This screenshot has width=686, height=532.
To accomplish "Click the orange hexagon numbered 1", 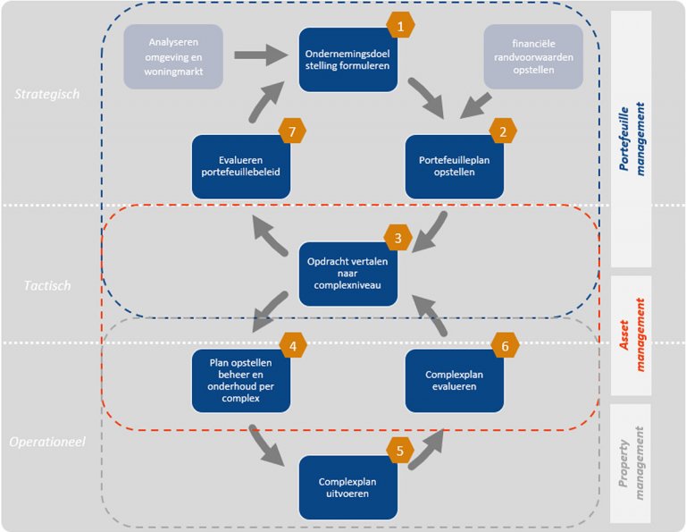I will click(x=400, y=27).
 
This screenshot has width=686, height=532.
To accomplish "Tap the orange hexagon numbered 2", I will click(x=503, y=132).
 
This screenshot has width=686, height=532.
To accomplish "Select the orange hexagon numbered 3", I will click(x=398, y=238).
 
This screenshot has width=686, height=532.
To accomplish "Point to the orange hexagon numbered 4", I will click(x=292, y=344).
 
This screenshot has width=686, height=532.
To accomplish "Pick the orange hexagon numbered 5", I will click(x=400, y=450).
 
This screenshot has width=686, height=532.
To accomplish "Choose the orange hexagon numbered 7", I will click(x=292, y=132).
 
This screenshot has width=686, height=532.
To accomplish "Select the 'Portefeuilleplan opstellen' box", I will click(x=454, y=166).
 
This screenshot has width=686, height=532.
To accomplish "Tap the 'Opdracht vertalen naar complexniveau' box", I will click(x=348, y=272).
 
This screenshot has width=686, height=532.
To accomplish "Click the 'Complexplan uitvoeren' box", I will click(x=348, y=487).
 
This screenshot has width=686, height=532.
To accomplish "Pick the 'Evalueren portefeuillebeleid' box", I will click(x=241, y=166).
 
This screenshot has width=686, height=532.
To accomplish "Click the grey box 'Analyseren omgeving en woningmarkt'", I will click(x=173, y=55).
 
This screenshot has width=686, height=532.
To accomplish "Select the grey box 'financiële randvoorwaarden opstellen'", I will click(x=533, y=55).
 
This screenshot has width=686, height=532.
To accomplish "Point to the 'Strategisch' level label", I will click(x=46, y=95).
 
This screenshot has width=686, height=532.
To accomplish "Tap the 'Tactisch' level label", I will click(x=46, y=286).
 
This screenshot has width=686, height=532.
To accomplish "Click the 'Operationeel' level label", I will click(x=46, y=441).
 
